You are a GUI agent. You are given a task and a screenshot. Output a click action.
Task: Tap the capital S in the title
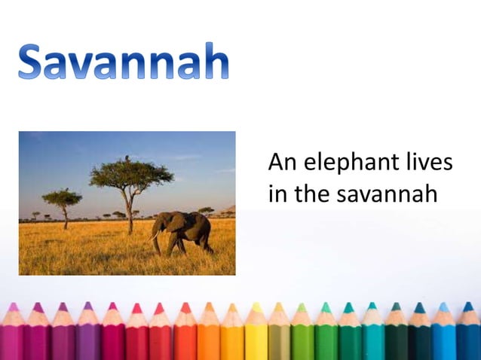(x=35, y=62)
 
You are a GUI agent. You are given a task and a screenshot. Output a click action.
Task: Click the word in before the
(x=277, y=194)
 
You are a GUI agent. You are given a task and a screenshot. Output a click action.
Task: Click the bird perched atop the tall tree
(x=127, y=157)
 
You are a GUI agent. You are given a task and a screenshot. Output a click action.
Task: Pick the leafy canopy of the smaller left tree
(x=62, y=197)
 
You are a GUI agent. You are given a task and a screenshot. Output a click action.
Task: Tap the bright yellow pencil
(x=256, y=331)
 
